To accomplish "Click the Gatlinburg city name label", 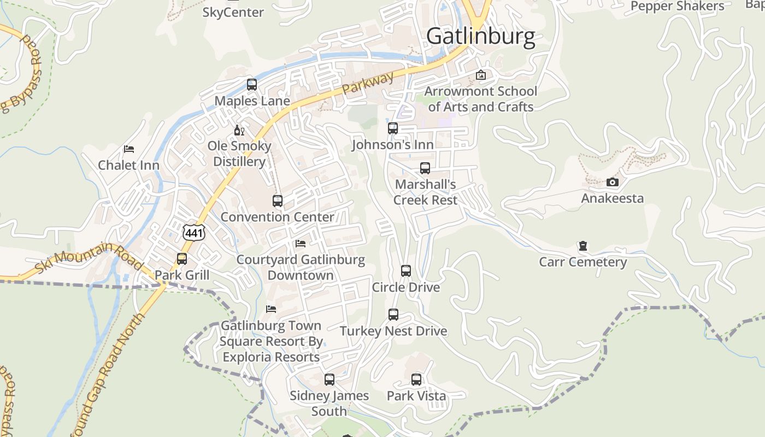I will click(x=480, y=36).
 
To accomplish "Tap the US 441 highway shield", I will click(x=194, y=232).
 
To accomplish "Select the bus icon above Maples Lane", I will click(x=251, y=85).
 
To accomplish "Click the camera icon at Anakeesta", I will click(x=612, y=182).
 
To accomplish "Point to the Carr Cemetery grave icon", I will click(x=582, y=246).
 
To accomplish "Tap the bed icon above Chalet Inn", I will click(x=129, y=149).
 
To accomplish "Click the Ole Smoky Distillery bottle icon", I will click(x=239, y=130).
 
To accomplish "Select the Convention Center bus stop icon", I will click(x=278, y=200).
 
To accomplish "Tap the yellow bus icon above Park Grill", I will click(x=182, y=258).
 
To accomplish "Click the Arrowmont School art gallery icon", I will click(x=481, y=75).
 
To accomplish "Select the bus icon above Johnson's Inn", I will click(x=392, y=128).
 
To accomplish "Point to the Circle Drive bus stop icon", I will click(x=405, y=271).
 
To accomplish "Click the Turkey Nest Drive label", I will click(x=393, y=331).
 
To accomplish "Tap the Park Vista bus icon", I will click(x=416, y=379).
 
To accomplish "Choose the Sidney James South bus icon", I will click(x=329, y=379).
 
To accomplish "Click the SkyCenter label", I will click(x=233, y=11).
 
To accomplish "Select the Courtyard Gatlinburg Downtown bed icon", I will click(x=300, y=243).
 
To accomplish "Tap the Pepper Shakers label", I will click(x=677, y=6).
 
